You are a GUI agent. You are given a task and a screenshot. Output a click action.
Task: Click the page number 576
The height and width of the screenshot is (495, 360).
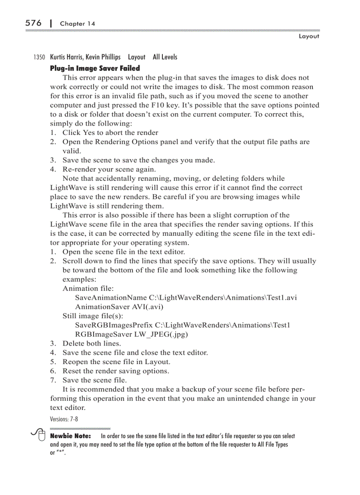34,22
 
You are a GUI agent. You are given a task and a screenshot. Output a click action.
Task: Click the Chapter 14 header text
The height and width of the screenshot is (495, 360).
77,23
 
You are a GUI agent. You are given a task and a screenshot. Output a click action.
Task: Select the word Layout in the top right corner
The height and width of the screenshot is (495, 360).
308,36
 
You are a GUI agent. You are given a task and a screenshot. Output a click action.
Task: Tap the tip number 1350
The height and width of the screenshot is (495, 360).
39,57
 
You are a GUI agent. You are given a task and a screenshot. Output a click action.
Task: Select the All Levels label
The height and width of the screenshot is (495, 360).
165,57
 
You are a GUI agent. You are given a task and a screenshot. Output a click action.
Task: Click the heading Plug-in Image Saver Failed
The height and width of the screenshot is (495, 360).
95,68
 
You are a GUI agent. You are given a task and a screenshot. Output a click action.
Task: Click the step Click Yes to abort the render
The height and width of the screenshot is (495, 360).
110,133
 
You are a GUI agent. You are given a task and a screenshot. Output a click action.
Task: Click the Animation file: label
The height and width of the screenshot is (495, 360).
88,288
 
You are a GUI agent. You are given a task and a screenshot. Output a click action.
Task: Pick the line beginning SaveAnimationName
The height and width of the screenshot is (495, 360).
186,298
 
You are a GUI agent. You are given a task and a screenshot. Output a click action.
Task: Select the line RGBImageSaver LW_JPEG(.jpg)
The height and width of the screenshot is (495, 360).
131,335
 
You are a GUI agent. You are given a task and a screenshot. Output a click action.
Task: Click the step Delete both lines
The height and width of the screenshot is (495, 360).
91,343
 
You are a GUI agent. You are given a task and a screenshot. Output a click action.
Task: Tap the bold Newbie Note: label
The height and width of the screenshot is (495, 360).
71,436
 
